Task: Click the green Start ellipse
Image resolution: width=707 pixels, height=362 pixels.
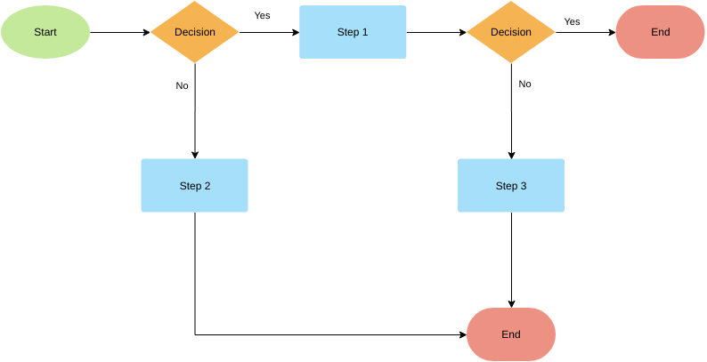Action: point(45,32)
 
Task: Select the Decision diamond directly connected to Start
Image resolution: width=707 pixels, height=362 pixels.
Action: point(194,32)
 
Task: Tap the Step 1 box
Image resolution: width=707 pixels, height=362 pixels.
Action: point(353,32)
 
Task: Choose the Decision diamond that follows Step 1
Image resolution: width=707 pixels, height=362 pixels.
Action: point(511,32)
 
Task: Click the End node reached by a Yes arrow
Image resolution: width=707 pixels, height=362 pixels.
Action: point(660,32)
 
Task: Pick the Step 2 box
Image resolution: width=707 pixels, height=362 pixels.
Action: point(194,186)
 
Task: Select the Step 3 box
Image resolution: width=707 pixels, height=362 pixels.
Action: point(511,186)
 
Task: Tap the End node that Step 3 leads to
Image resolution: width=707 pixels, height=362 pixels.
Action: point(511,334)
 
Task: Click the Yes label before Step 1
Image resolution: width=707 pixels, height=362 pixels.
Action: point(262,15)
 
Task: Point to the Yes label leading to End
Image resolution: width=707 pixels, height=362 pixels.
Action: point(572,21)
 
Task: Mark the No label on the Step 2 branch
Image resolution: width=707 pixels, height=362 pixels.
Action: point(182,86)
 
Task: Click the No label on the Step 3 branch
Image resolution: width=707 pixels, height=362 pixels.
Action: point(524,84)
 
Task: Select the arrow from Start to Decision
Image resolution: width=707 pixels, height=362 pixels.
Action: point(120,32)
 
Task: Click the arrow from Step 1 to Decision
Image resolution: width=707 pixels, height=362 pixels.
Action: point(436,32)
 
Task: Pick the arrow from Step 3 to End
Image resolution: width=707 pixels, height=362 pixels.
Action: point(511,258)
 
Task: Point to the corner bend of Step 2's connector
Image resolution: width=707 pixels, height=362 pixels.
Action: point(195,335)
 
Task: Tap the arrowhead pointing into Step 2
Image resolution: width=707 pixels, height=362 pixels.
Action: point(194,155)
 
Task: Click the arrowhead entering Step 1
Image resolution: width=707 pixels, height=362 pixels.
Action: point(295,32)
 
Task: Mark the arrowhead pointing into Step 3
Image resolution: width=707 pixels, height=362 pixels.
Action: point(511,155)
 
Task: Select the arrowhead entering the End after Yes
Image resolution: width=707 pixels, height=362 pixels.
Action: point(612,32)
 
